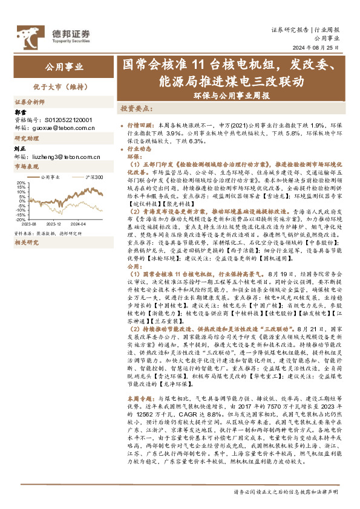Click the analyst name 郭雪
pyautogui.click(x=21, y=112)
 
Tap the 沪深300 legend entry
pyautogui.click(x=91, y=177)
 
